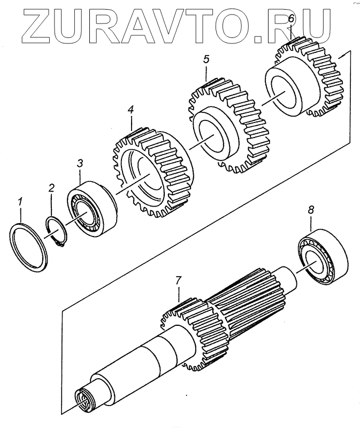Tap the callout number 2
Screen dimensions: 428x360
click(51, 188)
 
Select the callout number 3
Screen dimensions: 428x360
click(80, 163)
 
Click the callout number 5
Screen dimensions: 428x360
click(206, 59)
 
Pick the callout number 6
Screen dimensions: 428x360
click(291, 20)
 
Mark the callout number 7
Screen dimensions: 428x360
click(179, 280)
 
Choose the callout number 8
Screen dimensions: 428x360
click(311, 211)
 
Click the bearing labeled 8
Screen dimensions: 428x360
click(321, 257)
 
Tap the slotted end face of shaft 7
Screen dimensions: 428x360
click(85, 400)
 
